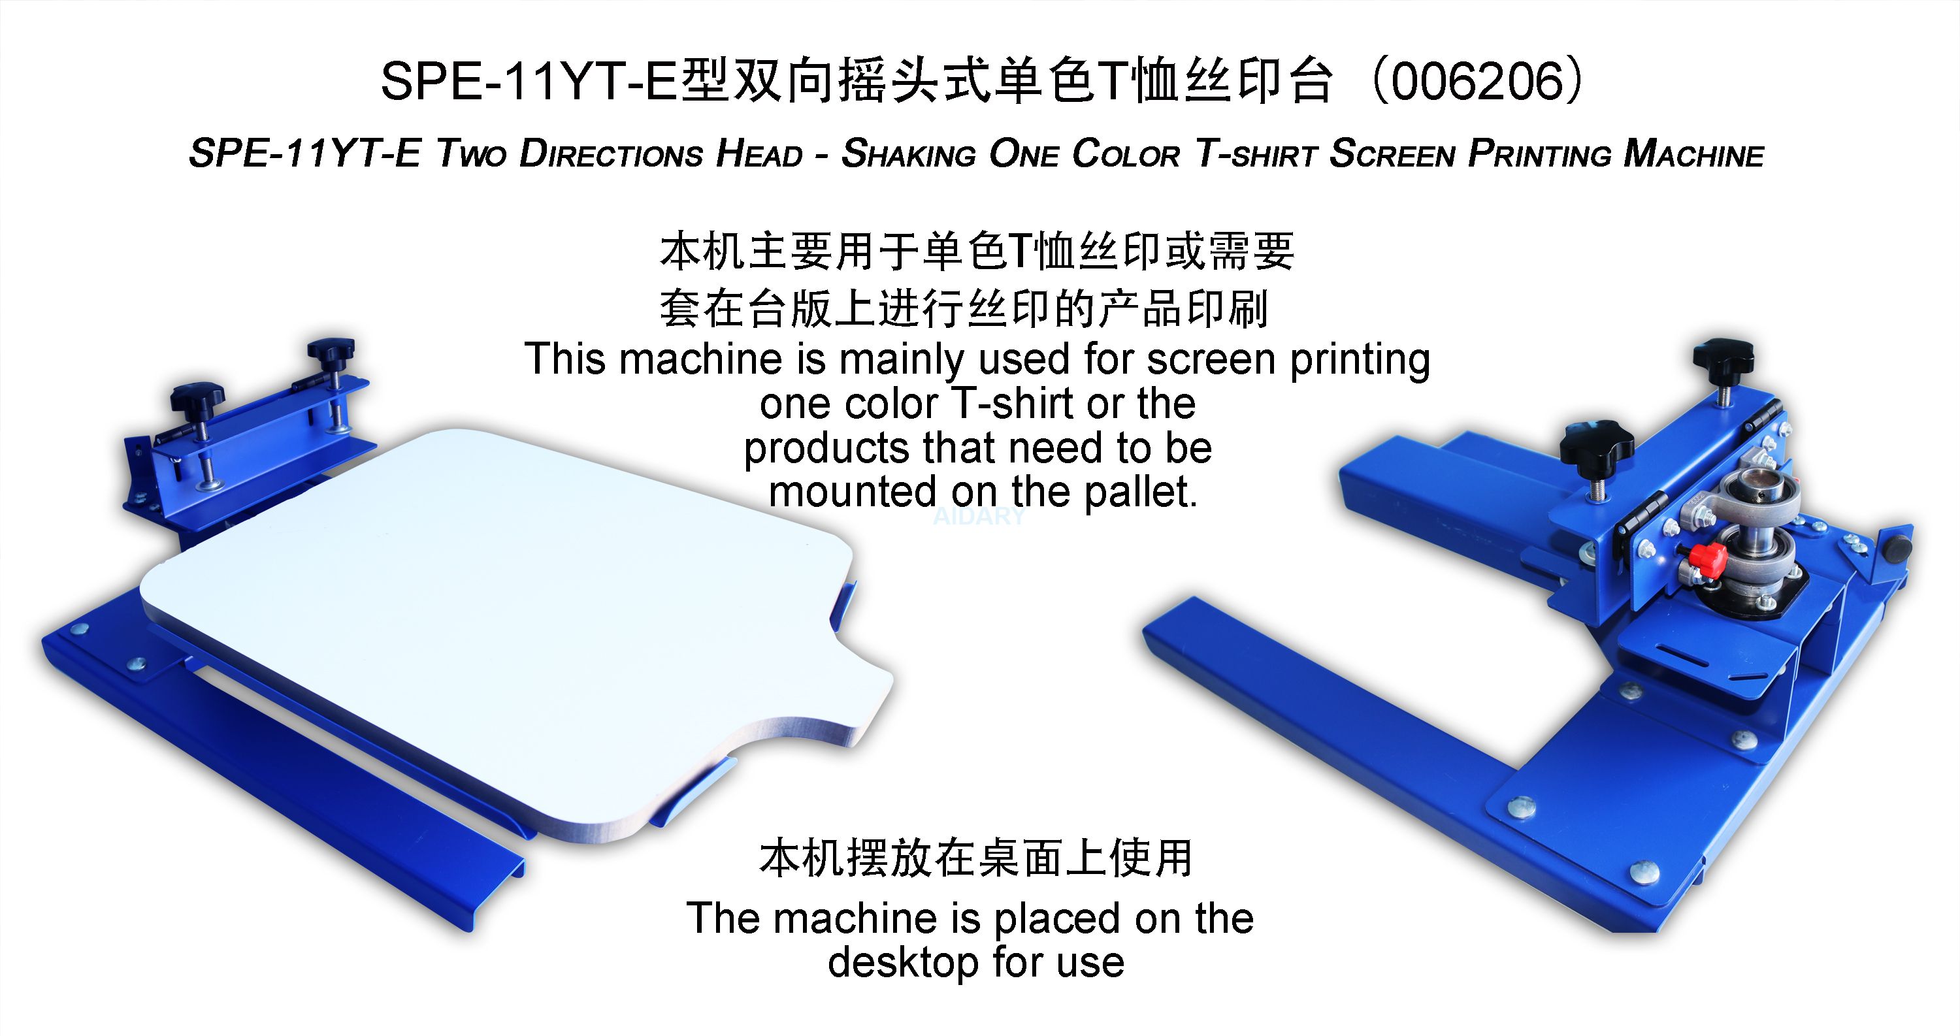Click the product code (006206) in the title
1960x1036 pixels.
point(1480,82)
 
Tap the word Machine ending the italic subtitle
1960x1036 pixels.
point(1693,154)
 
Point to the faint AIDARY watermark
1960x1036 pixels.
point(979,517)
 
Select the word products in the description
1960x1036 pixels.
point(826,448)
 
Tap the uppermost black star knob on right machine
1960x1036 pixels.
point(1723,358)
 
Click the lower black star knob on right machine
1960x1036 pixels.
point(1596,443)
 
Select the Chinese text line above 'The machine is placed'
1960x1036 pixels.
point(976,858)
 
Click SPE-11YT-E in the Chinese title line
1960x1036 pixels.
point(527,82)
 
